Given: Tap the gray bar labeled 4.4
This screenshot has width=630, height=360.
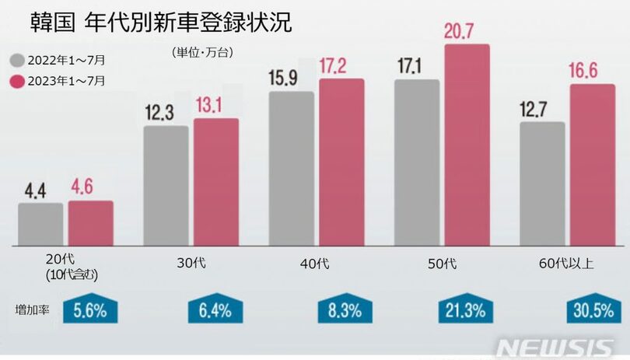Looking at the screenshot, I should [40, 224].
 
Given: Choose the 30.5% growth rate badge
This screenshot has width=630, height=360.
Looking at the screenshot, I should [592, 311].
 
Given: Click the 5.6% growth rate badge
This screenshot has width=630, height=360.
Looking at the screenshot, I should [90, 311].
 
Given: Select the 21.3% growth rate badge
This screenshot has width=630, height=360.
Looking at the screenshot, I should [465, 311].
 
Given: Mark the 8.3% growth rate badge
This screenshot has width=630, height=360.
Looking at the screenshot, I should [340, 311].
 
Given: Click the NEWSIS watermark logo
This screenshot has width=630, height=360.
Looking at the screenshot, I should [560, 346].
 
